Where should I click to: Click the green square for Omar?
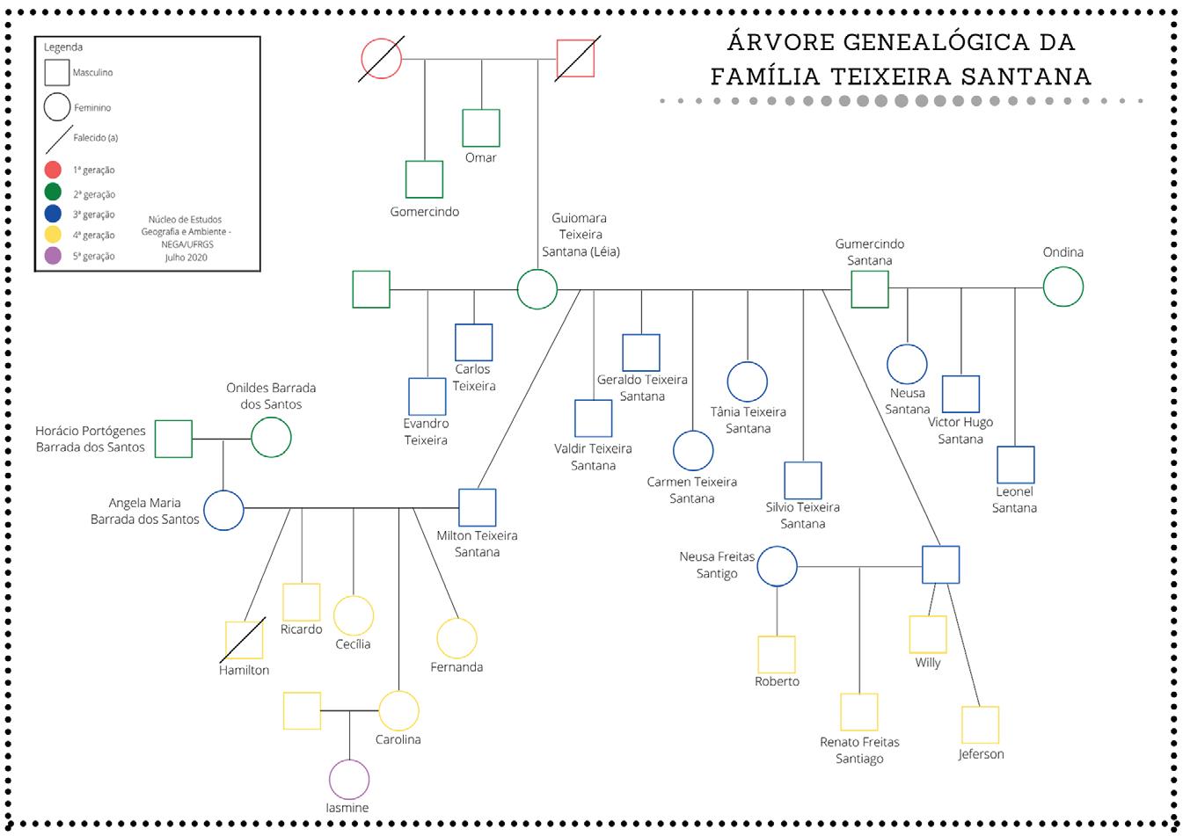481,128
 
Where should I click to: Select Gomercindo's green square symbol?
424,179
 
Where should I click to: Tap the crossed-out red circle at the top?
382,59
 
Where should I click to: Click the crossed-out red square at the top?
576,59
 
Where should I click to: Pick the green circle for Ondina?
1063,287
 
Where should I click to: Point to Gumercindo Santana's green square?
870,289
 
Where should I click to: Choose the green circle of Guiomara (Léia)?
537,289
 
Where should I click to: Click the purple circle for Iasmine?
349,779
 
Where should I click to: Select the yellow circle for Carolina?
398,710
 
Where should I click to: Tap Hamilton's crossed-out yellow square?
245,641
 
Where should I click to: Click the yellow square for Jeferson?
980,725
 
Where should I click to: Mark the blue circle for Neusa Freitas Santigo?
778,566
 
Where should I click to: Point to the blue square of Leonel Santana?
1015,465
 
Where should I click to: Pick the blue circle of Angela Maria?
223,509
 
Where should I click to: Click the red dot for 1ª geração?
53,171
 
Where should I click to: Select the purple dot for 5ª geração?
53,256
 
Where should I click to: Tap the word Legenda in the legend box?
63,47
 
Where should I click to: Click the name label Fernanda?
456,667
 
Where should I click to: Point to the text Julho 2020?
186,258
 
